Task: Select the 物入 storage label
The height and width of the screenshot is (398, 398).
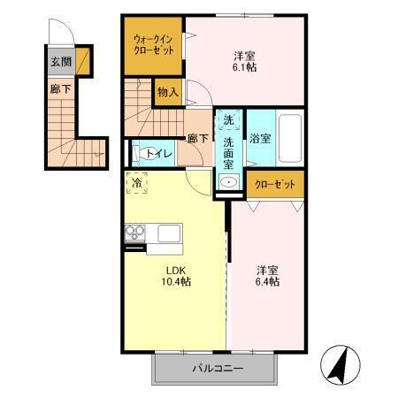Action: [x=168, y=90]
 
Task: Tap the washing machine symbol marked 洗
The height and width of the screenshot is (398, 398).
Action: [x=228, y=120]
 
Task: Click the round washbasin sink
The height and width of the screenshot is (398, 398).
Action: [x=229, y=182]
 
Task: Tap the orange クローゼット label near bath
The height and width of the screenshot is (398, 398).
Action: [x=275, y=185]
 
